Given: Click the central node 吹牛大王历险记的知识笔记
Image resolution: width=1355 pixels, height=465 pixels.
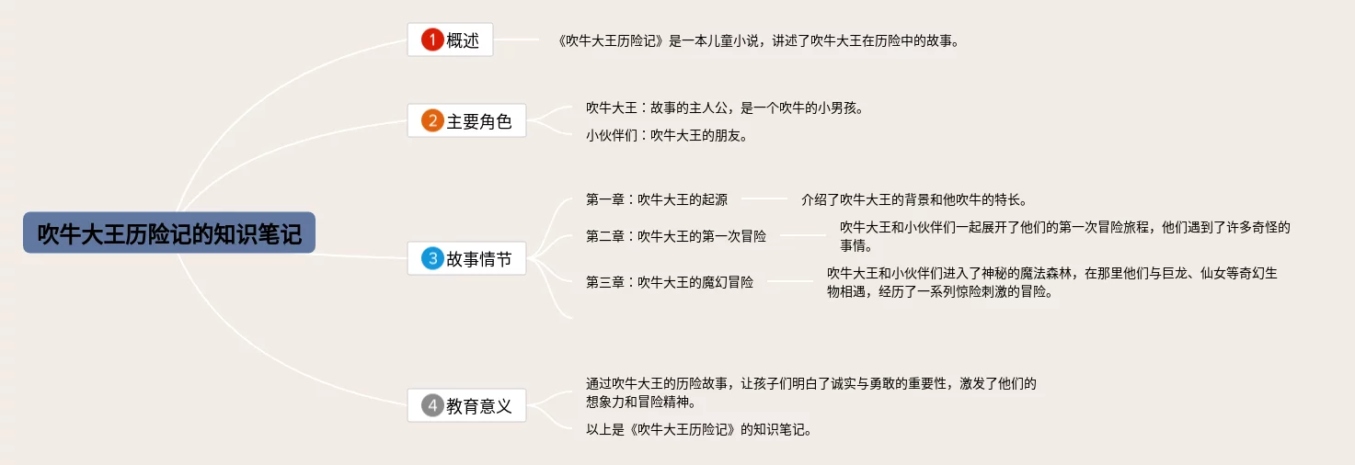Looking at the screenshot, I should point(169,233).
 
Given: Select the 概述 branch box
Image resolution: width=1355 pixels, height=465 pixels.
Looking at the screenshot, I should point(450,40).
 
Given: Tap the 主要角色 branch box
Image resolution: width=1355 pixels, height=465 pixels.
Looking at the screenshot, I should point(466,120).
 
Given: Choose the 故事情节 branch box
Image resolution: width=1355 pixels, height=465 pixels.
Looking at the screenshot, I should point(466,259).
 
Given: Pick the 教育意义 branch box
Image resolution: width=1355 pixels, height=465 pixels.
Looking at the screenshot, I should point(466,405).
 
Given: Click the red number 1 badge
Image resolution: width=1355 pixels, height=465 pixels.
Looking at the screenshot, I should point(432,40).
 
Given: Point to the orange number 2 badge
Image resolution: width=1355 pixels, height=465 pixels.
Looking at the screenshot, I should point(432,120).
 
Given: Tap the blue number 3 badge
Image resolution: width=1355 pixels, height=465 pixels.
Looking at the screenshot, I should point(432,259).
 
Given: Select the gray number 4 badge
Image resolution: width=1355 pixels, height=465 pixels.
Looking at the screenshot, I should point(432,405).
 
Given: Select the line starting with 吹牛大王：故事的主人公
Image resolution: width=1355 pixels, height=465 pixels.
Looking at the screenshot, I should point(724,108).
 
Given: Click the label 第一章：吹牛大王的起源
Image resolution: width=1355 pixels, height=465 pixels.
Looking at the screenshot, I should point(657,198).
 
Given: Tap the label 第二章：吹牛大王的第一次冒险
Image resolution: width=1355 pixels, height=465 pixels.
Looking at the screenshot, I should point(676,236).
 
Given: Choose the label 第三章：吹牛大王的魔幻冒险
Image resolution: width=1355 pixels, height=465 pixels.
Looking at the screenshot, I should point(670,282).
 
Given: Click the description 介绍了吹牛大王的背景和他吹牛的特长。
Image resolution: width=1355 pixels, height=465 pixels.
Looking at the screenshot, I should point(913,198).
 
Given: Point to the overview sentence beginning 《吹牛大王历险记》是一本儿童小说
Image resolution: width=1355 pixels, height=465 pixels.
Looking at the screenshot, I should point(758,40).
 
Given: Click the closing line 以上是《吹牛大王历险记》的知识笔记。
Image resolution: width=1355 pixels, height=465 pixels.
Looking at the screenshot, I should point(698,429).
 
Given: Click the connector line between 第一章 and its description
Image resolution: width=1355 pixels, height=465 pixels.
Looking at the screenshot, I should point(764,198).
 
